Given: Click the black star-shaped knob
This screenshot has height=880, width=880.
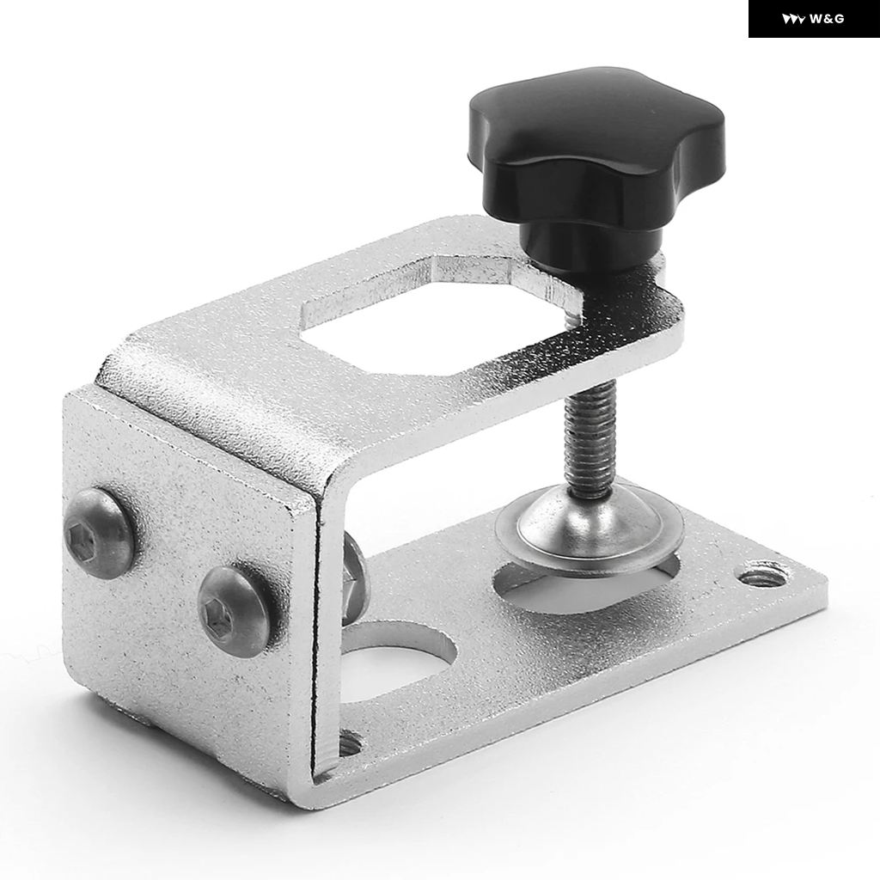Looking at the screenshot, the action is coord(596,144).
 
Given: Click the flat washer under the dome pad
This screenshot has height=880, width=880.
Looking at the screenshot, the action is coord(590,547).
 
